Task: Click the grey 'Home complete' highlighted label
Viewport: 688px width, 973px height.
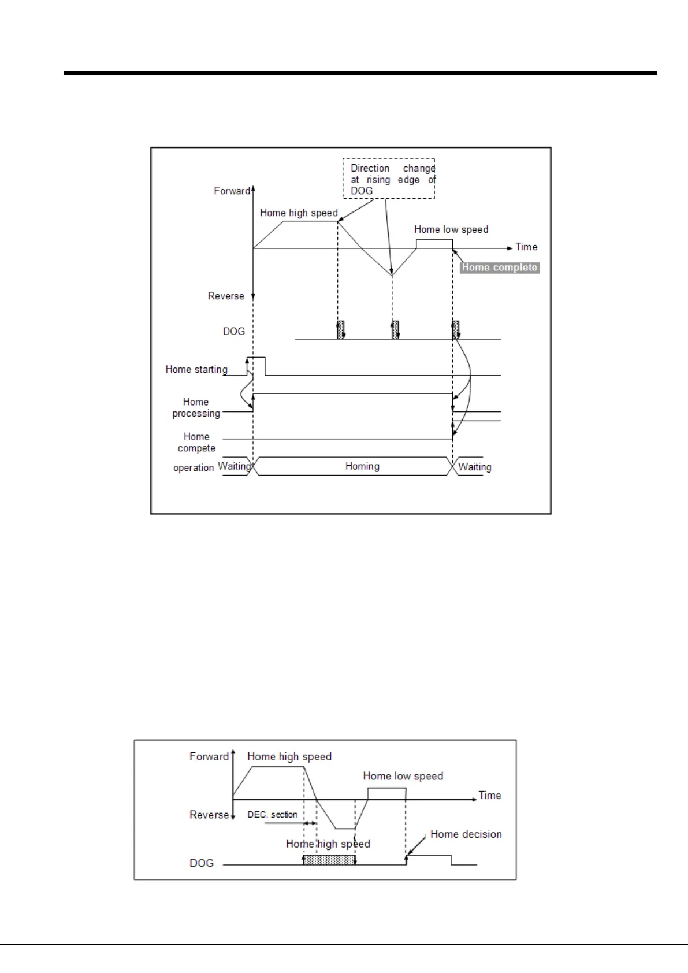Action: click(500, 268)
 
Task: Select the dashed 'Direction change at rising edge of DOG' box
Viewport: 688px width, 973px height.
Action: click(389, 179)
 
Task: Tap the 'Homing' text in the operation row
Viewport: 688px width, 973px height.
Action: click(362, 466)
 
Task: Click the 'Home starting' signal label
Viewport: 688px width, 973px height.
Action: click(196, 369)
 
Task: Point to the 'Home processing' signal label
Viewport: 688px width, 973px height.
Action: click(196, 407)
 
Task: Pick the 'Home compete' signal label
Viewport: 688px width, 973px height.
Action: click(196, 442)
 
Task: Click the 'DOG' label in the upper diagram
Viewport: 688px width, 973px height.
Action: click(234, 331)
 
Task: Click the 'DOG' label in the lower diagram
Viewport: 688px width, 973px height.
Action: click(202, 863)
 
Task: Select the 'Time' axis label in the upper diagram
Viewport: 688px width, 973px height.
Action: click(526, 247)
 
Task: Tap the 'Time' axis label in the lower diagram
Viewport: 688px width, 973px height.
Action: click(490, 795)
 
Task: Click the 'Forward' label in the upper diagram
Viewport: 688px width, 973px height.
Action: click(232, 191)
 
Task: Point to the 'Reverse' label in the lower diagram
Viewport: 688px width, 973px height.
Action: click(209, 815)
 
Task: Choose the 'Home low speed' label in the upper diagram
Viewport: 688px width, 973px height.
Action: click(451, 229)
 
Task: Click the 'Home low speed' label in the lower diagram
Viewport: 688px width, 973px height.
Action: click(403, 776)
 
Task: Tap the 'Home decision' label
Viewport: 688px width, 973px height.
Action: click(466, 834)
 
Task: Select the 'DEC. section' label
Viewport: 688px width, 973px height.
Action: click(273, 815)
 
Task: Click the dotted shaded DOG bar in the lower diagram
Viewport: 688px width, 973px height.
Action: click(329, 860)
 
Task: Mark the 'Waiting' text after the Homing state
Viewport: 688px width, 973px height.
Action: click(475, 467)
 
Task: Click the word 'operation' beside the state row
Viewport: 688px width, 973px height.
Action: click(194, 467)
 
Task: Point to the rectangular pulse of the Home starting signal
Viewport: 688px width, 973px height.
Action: click(256, 366)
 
